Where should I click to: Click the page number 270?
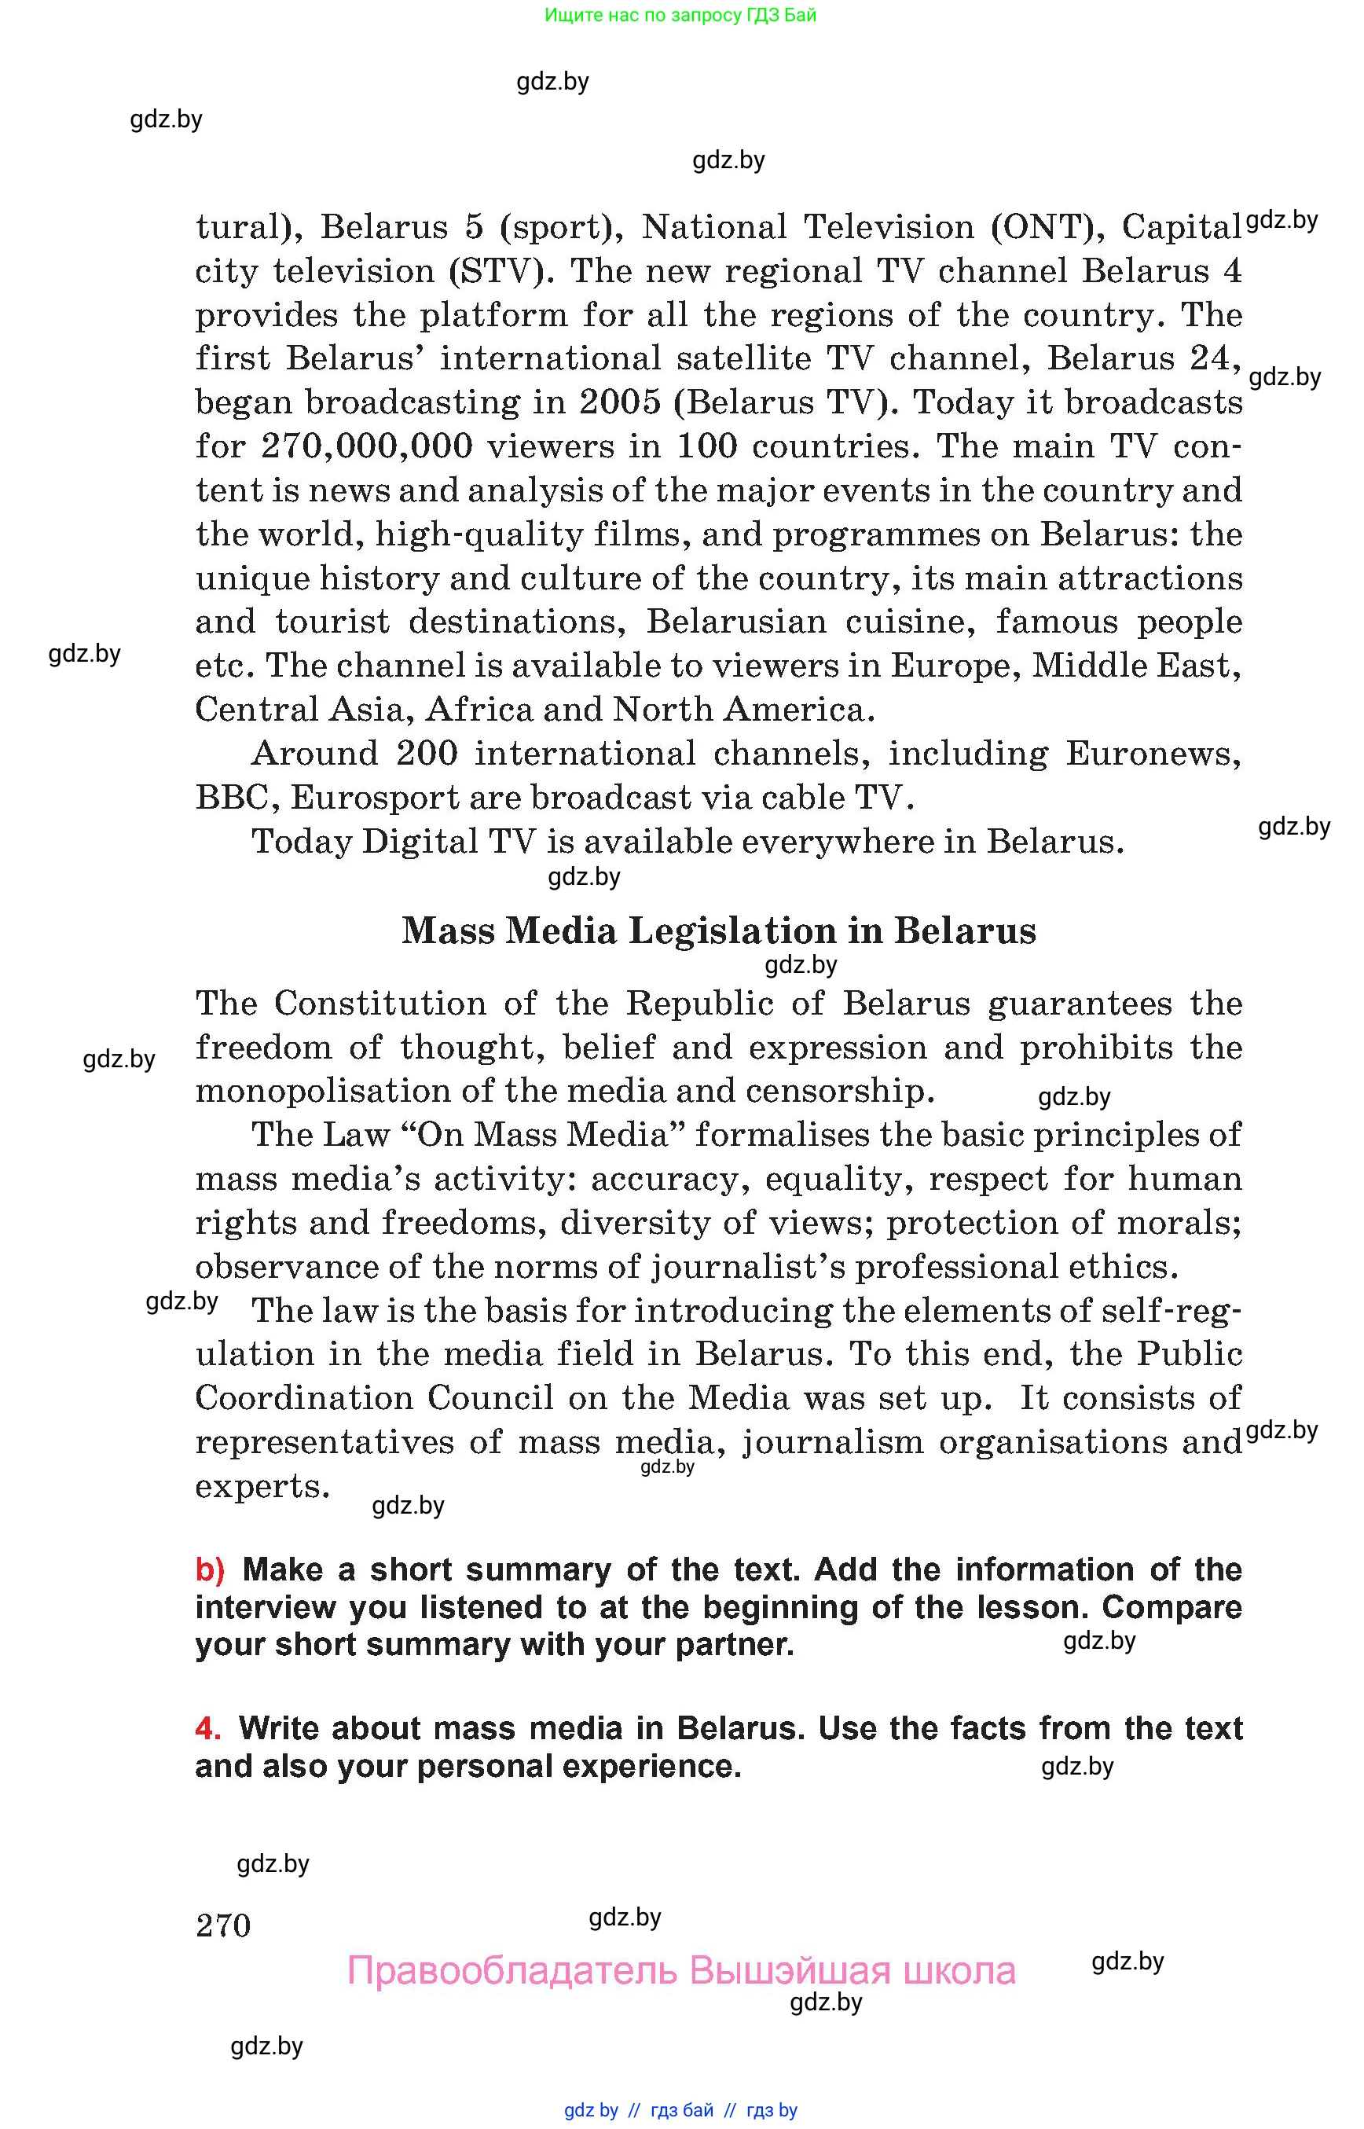coord(223,1925)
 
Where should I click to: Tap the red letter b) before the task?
coord(210,1570)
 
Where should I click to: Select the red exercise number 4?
coord(207,1728)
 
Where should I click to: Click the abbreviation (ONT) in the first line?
coord(1047,227)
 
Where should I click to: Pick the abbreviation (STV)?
coord(496,271)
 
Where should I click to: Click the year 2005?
coord(620,402)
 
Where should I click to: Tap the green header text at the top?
coord(680,15)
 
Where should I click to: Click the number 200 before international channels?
coord(427,753)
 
